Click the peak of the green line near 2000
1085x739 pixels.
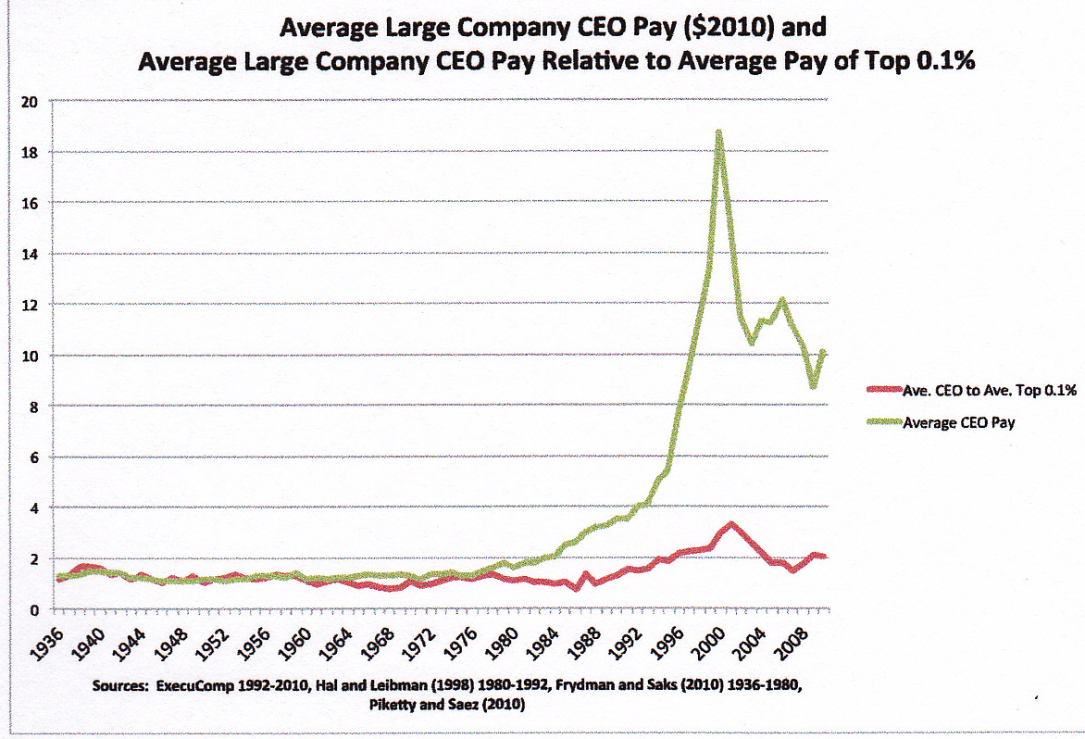pyautogui.click(x=717, y=132)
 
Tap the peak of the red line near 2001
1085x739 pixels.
pyautogui.click(x=731, y=525)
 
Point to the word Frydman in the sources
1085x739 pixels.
pyautogui.click(x=582, y=687)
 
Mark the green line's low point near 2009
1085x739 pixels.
pyautogui.click(x=813, y=385)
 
